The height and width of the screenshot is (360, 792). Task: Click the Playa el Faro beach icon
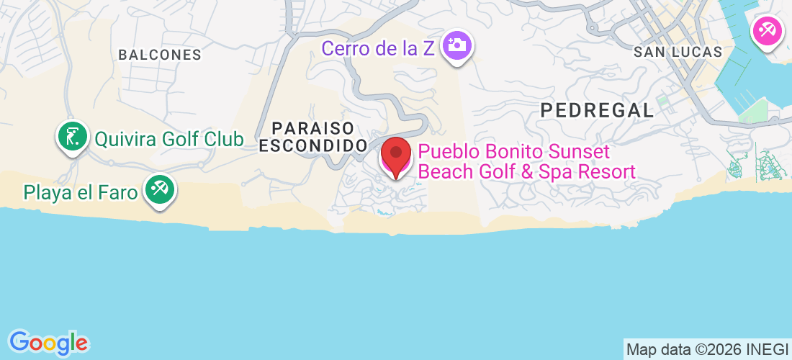(159, 190)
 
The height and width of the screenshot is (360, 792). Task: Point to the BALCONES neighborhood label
(160, 55)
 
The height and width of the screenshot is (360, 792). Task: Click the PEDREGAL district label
(598, 110)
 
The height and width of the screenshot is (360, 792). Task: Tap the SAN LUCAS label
(678, 52)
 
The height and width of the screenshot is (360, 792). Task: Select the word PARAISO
(313, 128)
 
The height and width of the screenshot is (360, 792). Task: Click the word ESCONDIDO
(313, 145)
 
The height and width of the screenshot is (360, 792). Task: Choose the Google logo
(48, 342)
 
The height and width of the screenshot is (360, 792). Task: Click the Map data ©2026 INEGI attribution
(707, 350)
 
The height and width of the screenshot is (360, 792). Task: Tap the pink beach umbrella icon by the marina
(767, 31)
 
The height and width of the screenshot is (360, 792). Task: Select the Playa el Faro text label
(81, 192)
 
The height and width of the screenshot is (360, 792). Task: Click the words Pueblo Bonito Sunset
(514, 152)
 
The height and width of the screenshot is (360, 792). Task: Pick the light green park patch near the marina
(752, 110)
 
